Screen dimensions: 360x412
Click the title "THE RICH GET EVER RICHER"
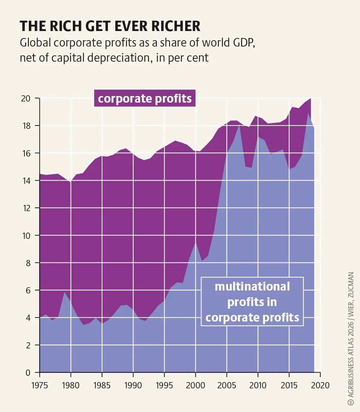pyautogui.click(x=110, y=26)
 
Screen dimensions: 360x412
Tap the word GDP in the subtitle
pyautogui.click(x=244, y=42)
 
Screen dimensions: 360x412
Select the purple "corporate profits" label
pyautogui.click(x=145, y=98)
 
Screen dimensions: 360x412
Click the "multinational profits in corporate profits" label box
pyautogui.click(x=252, y=302)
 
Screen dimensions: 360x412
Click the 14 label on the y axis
pyautogui.click(x=26, y=181)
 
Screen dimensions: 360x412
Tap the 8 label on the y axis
pyautogui.click(x=28, y=263)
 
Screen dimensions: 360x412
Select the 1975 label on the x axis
pyautogui.click(x=40, y=385)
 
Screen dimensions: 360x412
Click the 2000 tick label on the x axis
pyautogui.click(x=195, y=385)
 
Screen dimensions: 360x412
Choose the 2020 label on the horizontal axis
pyautogui.click(x=320, y=385)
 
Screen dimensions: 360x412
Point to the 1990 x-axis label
pyautogui.click(x=133, y=385)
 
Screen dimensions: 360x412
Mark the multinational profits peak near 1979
pyautogui.click(x=64, y=292)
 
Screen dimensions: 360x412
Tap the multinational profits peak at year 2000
pyautogui.click(x=195, y=242)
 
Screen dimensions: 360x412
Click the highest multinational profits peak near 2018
pyautogui.click(x=308, y=113)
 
